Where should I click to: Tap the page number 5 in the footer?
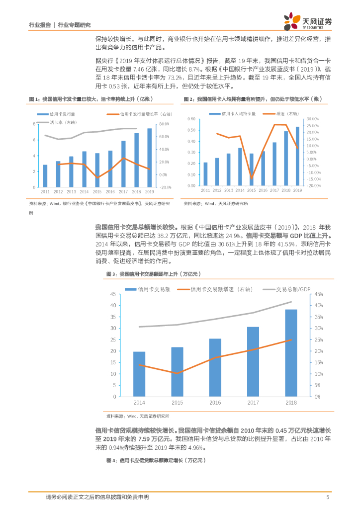(x=327, y=497)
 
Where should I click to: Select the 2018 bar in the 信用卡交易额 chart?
(x=291, y=352)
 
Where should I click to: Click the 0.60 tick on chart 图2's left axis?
(x=191, y=119)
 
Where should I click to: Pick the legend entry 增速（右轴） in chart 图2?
(x=287, y=114)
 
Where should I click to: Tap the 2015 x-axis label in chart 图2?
(x=252, y=190)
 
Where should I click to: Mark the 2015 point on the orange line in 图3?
(x=177, y=373)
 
